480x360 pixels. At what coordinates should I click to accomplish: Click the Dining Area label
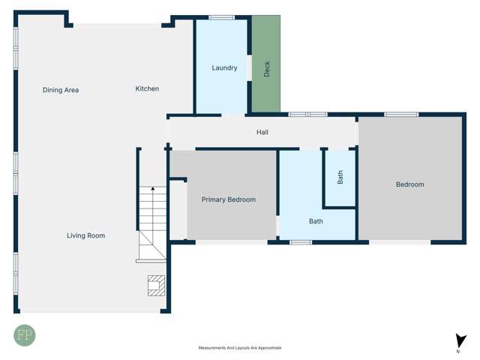coord(61,90)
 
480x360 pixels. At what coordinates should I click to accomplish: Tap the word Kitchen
coord(147,88)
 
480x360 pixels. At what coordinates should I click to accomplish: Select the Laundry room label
coord(224,67)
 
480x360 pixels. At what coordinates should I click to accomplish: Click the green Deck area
coord(266,64)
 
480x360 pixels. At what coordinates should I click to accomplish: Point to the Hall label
coord(262,132)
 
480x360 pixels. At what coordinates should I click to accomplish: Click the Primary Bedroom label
coord(228,199)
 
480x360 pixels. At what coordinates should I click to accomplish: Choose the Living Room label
coord(85,235)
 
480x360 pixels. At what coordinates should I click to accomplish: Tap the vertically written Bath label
coord(340,177)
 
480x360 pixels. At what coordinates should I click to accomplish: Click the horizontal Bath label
coord(316,221)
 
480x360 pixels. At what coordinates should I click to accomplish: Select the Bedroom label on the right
coord(410,184)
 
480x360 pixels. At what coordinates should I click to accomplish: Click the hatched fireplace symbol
coord(156,286)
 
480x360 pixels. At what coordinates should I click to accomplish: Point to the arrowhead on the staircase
coord(153,188)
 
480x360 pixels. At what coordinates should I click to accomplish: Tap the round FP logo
coord(25,335)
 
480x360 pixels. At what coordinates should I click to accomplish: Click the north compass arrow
coord(460,340)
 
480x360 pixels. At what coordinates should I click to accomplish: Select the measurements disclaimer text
coord(240,348)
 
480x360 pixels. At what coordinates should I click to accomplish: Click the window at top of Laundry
coord(222,17)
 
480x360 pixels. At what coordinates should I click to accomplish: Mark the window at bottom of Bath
coord(301,242)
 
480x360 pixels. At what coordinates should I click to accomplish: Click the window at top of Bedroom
coord(401,115)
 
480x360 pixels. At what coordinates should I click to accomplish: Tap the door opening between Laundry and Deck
coord(250,68)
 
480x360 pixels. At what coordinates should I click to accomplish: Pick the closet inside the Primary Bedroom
coord(178,210)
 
